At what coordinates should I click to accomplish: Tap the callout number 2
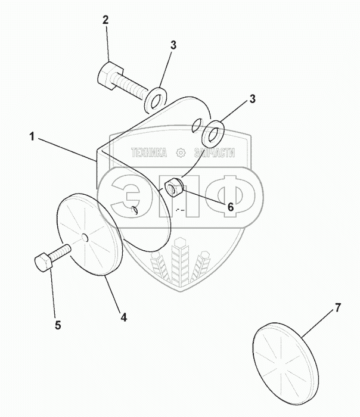click(105, 20)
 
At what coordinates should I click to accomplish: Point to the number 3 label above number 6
click(252, 98)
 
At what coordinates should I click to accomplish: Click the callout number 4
click(123, 318)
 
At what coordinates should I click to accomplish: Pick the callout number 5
click(58, 325)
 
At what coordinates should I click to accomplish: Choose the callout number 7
click(337, 308)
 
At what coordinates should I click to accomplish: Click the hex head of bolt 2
click(107, 74)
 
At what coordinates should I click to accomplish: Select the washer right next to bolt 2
click(157, 98)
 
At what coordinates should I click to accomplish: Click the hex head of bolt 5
click(44, 263)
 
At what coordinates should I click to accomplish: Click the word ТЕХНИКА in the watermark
click(150, 153)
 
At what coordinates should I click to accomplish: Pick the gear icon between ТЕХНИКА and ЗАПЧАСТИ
click(181, 153)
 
